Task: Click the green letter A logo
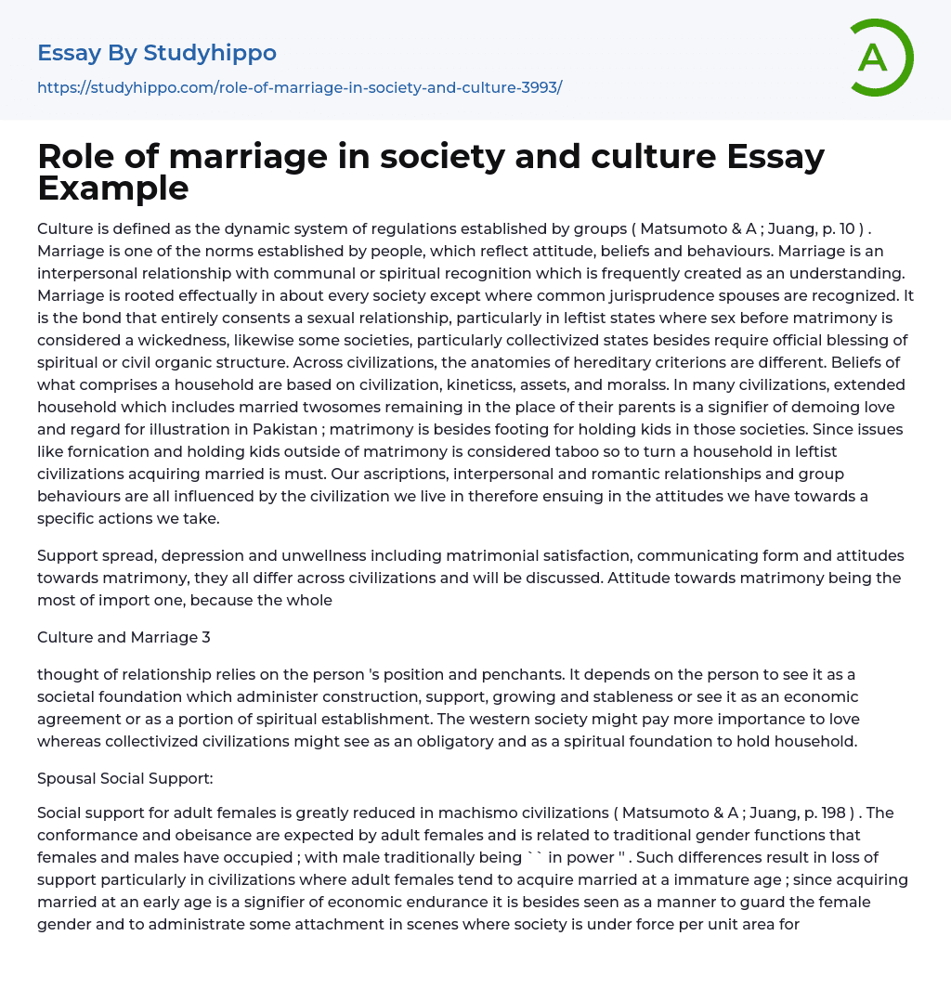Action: [877, 58]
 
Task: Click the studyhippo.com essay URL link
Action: [299, 87]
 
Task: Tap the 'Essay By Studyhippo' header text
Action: [157, 53]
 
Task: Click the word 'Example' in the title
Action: [113, 188]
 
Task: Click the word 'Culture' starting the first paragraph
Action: [65, 228]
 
